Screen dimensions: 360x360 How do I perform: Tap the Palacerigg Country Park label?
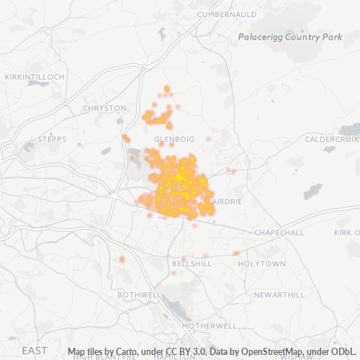[x=290, y=37]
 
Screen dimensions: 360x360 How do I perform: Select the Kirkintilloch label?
[x=35, y=76]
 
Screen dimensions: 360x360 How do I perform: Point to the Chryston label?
[x=104, y=108]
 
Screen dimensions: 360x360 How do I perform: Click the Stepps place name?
[x=51, y=139]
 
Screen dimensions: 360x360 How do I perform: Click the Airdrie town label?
[x=228, y=202]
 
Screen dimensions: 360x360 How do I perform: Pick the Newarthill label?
[x=279, y=295]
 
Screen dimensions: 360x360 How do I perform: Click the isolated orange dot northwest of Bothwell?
[x=122, y=258]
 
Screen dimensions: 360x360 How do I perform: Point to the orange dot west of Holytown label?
[x=235, y=253]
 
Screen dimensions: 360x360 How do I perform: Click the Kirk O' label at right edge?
[x=347, y=233]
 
